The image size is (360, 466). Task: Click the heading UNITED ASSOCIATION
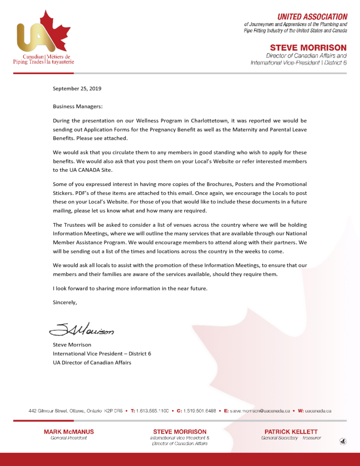pyautogui.click(x=312, y=17)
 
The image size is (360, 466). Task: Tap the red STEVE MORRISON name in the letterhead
pyautogui.click(x=308, y=48)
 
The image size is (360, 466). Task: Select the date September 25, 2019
pyautogui.click(x=77, y=89)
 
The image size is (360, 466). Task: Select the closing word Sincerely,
pyautogui.click(x=65, y=303)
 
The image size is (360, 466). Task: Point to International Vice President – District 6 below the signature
pyautogui.click(x=102, y=353)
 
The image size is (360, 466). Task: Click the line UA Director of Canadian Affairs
pyautogui.click(x=92, y=362)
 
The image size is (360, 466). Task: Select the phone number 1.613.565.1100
pyautogui.click(x=152, y=411)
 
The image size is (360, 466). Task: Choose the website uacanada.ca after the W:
pyautogui.click(x=318, y=411)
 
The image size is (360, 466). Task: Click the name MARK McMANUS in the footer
pyautogui.click(x=69, y=432)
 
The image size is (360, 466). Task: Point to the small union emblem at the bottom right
pyautogui.click(x=343, y=441)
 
